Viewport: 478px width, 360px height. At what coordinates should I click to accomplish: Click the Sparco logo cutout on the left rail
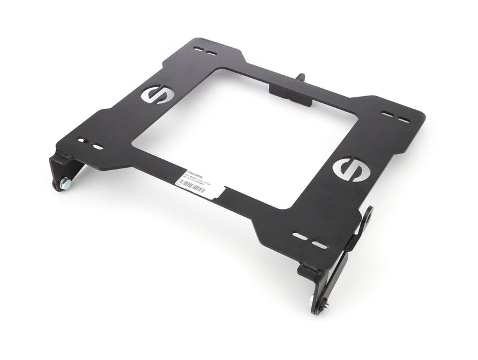tap(158, 94)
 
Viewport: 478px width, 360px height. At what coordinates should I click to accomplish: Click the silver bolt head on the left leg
tap(65, 182)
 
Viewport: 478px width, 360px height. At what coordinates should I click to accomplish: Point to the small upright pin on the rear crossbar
tap(301, 78)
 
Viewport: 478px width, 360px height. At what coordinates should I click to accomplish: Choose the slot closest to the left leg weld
tap(82, 141)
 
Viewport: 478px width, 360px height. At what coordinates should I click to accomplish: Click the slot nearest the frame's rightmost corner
tap(405, 120)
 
